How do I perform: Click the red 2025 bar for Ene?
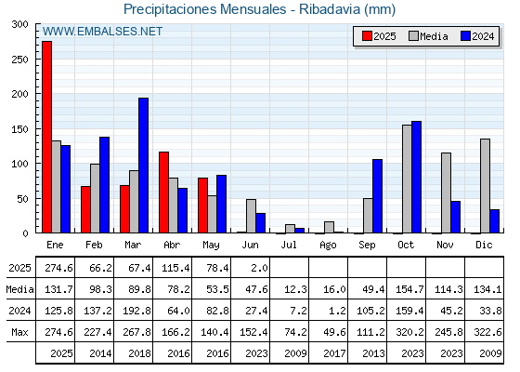click(46, 137)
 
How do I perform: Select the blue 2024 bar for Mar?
click(143, 166)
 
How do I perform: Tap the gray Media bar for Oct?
click(407, 179)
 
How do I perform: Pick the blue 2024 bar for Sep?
click(377, 196)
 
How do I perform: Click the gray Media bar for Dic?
click(485, 186)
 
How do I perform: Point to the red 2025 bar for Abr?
click(163, 193)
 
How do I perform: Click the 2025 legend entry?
click(379, 36)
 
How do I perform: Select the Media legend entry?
click(428, 36)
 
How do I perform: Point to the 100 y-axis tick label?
click(19, 164)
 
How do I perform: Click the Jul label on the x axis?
click(289, 245)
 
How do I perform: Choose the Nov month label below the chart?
click(445, 245)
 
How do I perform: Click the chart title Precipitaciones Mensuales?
click(204, 9)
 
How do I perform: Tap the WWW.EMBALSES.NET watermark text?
click(102, 32)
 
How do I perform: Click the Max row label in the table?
click(19, 332)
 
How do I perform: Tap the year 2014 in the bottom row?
click(100, 353)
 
